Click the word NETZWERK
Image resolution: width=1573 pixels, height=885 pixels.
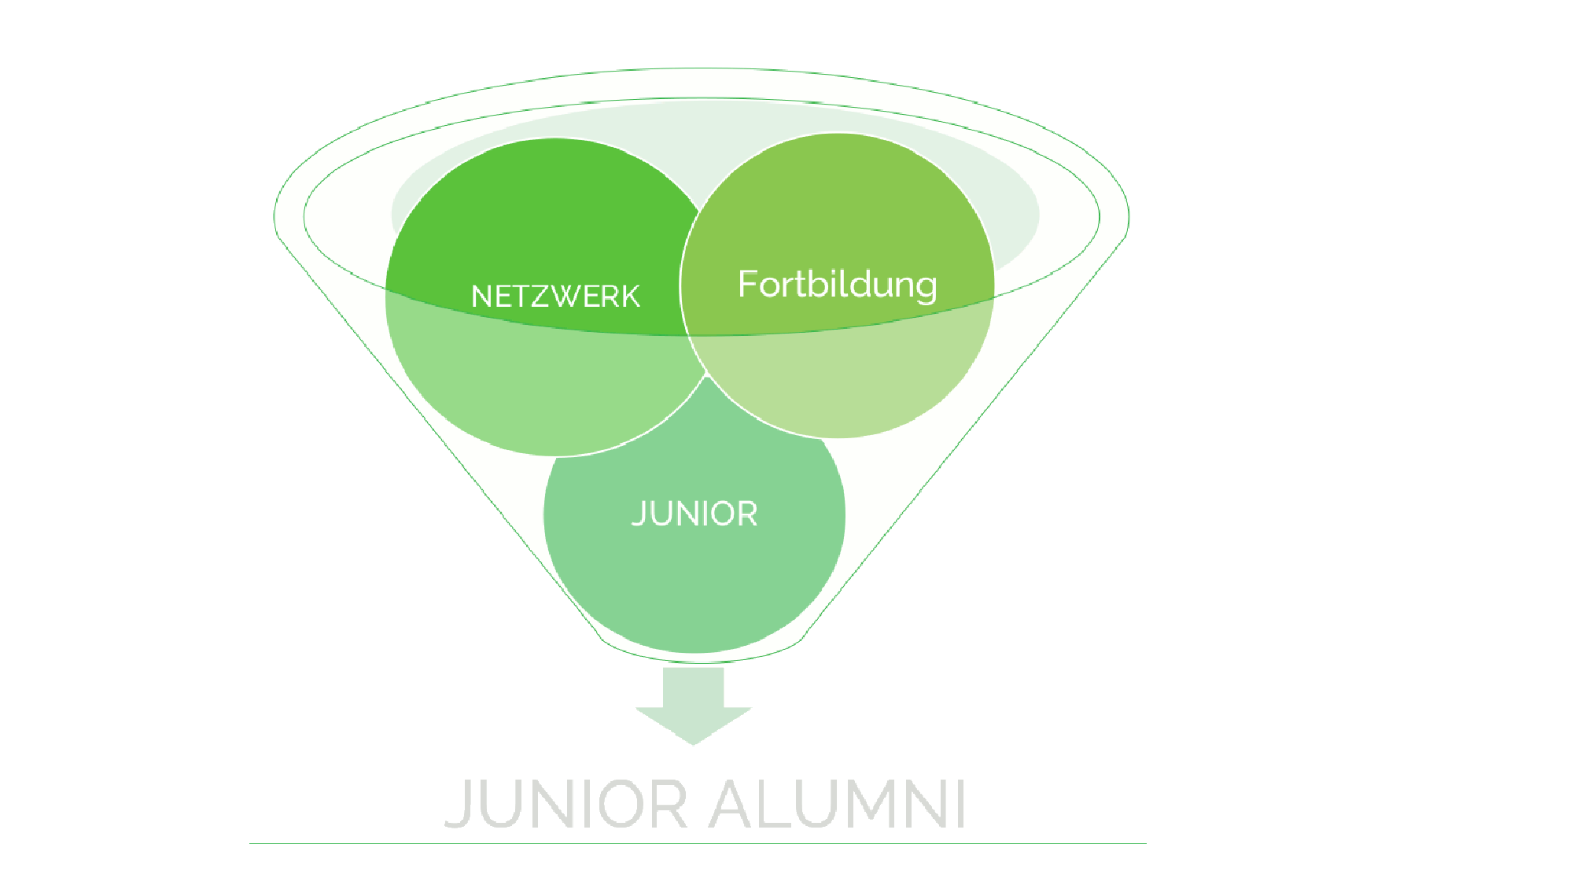pos(555,297)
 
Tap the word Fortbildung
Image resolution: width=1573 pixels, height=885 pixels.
pos(837,285)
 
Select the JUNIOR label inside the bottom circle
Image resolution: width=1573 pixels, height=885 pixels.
pos(694,514)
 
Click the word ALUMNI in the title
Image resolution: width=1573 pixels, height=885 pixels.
pos(837,804)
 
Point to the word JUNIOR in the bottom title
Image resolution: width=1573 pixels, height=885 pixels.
pos(566,804)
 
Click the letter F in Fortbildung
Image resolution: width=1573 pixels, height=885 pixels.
pos(747,283)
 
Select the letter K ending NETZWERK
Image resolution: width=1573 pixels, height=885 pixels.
pos(630,297)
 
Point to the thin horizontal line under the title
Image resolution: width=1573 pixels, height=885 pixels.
pos(698,844)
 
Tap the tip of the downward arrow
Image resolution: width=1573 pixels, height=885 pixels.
pos(694,742)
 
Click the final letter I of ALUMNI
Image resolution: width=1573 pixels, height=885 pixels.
pos(960,804)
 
